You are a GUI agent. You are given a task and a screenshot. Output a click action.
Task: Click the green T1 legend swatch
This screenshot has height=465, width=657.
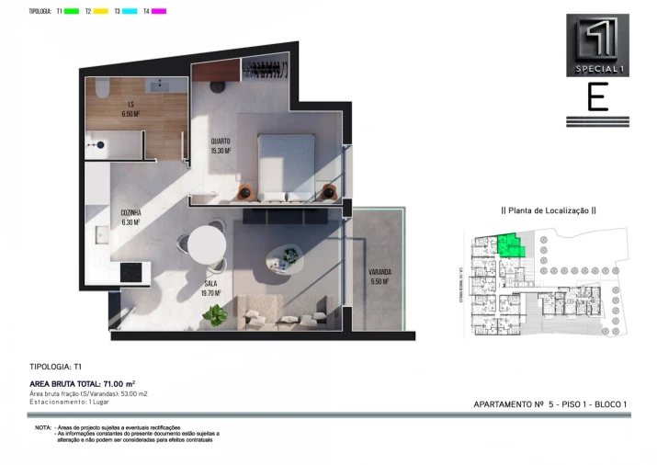[x=72, y=11]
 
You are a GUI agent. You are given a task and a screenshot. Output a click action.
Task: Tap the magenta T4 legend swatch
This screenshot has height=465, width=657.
[x=159, y=11]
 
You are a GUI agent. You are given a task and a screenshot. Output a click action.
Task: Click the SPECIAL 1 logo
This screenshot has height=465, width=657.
[x=597, y=45]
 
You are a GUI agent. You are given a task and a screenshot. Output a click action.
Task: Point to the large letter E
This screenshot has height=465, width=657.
[x=597, y=97]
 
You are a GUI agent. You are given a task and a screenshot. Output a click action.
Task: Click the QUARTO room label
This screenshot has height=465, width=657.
[x=220, y=145]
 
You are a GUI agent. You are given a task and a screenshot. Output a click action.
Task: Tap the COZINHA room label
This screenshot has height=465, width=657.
[x=130, y=217]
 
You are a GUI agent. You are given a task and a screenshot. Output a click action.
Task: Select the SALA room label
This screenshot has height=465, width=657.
[x=210, y=288]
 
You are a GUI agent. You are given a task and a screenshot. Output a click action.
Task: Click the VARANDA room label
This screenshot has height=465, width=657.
[x=379, y=277]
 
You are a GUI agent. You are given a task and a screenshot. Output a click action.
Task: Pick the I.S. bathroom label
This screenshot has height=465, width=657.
[x=131, y=108]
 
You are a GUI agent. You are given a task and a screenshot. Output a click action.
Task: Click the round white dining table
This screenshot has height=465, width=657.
[x=207, y=244]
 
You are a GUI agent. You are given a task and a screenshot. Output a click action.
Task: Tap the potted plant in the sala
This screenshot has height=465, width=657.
[x=217, y=315]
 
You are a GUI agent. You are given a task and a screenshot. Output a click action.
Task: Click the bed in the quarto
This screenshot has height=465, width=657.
[x=287, y=166]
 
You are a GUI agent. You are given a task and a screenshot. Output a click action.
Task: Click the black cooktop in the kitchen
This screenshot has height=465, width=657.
[x=130, y=272]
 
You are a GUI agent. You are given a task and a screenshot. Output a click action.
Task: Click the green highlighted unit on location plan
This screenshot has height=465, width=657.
[x=507, y=245]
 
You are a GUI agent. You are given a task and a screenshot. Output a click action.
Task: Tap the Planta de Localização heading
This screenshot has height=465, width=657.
[x=549, y=210]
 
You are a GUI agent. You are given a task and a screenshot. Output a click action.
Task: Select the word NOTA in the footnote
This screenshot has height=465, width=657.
[x=43, y=428]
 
